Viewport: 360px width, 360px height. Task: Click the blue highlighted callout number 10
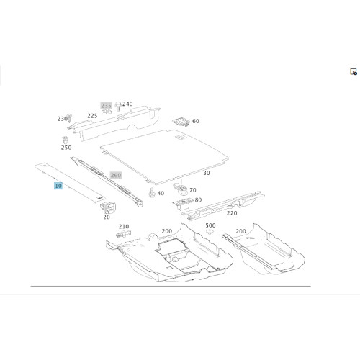[x=58, y=186]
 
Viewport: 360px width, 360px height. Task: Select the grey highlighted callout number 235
[x=106, y=106]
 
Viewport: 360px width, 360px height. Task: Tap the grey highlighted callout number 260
[x=116, y=175]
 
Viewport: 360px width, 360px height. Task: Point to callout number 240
[x=127, y=104]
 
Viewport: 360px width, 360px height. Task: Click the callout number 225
[x=92, y=116]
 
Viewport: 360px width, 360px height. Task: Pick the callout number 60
[x=196, y=121]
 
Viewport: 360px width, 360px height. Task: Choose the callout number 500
[x=210, y=225]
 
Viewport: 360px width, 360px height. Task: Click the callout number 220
[x=232, y=213]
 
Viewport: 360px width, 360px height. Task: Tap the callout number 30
[x=207, y=173]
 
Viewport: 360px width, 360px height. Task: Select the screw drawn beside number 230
[x=70, y=118]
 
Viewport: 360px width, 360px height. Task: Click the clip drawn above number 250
[x=65, y=140]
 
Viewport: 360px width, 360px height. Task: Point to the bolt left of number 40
[x=151, y=192]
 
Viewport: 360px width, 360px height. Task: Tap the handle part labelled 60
[x=181, y=122]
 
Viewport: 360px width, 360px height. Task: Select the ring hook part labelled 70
[x=181, y=188]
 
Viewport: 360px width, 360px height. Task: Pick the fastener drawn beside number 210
[x=124, y=233]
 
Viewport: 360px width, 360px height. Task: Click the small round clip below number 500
[x=210, y=232]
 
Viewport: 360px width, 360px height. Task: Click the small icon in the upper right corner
[x=354, y=71]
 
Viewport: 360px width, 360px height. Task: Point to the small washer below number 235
[x=107, y=111]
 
